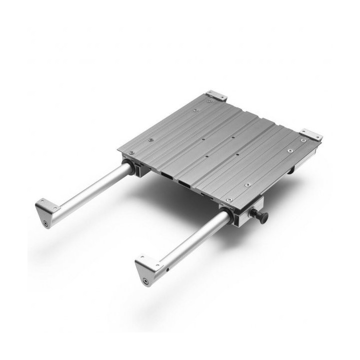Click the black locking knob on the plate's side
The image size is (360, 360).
261,216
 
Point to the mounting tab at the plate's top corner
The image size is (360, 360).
216,95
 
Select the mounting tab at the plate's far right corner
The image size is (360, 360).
311,134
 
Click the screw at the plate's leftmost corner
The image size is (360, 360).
131,152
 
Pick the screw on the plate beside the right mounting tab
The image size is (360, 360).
303,140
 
